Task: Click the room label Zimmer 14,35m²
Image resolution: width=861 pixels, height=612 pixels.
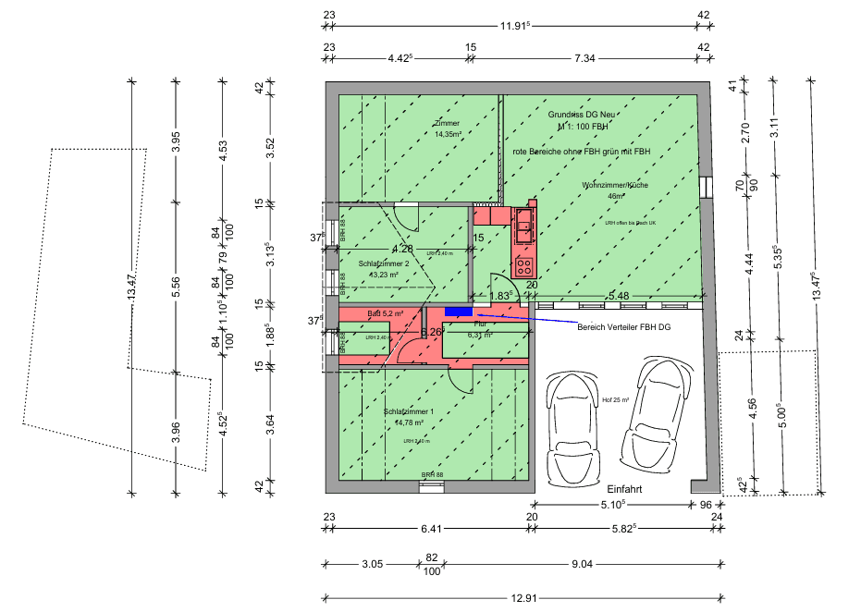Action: [x=449, y=129]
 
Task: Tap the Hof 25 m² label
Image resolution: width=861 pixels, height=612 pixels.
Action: [x=615, y=400]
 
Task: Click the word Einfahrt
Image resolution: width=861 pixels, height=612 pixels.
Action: [x=624, y=489]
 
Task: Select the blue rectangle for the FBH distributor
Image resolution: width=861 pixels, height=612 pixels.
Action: [x=459, y=312]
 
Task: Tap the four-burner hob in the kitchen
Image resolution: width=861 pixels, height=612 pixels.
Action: [x=524, y=267]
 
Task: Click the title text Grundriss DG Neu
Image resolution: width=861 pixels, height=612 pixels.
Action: [x=581, y=114]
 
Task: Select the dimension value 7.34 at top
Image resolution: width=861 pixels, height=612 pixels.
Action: [x=584, y=58]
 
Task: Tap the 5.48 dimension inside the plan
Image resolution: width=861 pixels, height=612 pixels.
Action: [x=618, y=296]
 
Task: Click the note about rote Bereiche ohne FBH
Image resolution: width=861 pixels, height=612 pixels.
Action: [x=582, y=151]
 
